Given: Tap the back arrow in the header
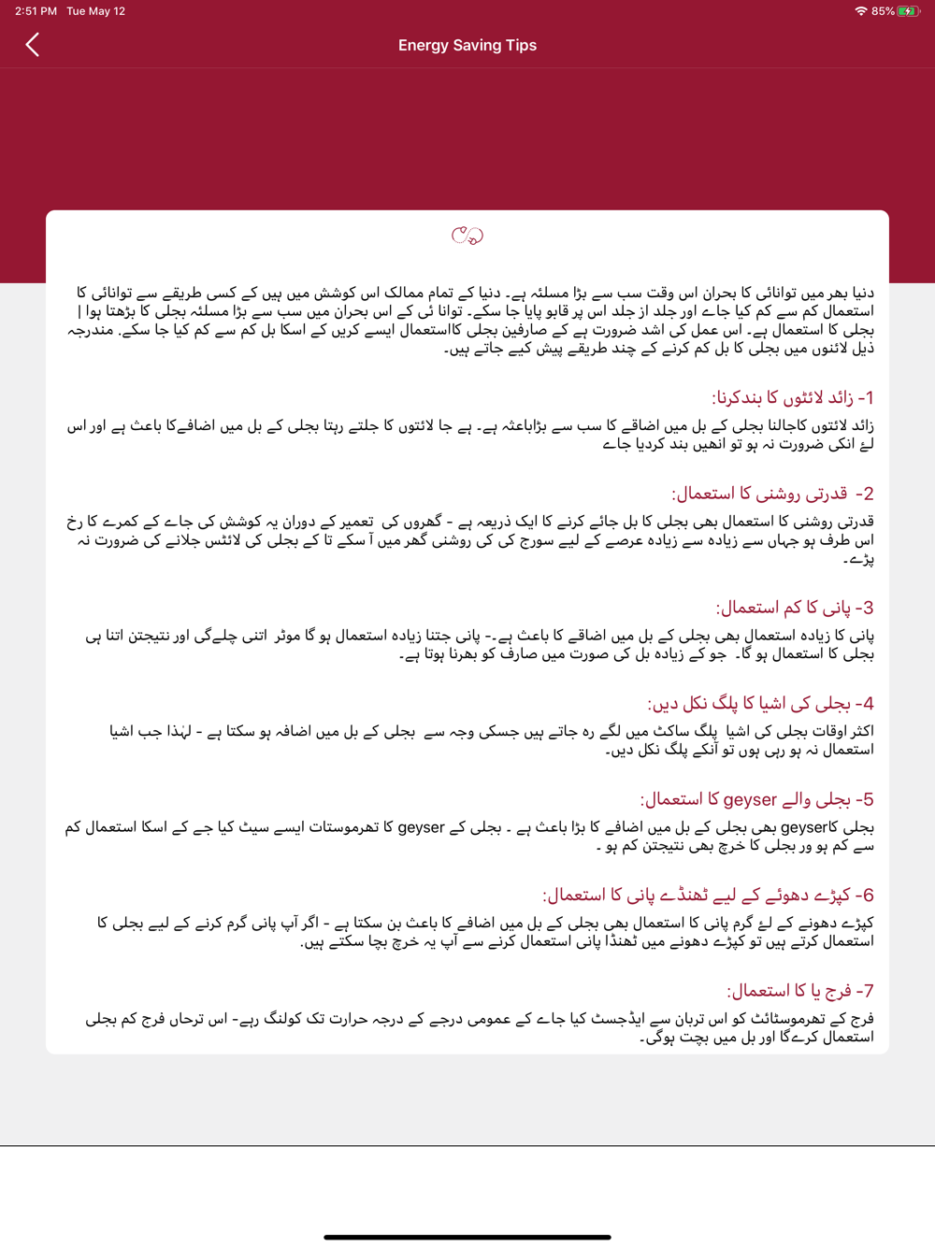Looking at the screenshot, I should click(33, 44).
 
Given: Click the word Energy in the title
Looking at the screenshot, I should click(424, 45).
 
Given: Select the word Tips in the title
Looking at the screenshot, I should click(521, 45).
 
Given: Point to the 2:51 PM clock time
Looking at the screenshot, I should click(36, 11).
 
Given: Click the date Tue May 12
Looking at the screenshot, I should click(95, 11).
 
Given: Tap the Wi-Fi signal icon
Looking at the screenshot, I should click(860, 11).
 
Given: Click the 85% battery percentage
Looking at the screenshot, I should click(883, 11).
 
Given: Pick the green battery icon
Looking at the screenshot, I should click(907, 11).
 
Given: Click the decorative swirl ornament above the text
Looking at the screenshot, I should click(467, 236).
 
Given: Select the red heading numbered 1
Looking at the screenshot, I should click(793, 397).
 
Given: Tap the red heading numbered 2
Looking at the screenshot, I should click(772, 493).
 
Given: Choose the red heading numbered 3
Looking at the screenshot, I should click(795, 608).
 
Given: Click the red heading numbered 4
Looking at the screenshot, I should click(760, 703).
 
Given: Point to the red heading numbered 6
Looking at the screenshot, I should click(708, 895).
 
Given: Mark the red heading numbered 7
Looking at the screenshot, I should click(800, 990).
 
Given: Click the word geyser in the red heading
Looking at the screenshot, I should click(750, 799).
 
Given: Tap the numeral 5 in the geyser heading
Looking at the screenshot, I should click(868, 799).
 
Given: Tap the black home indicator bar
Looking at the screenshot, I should click(467, 1237).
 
